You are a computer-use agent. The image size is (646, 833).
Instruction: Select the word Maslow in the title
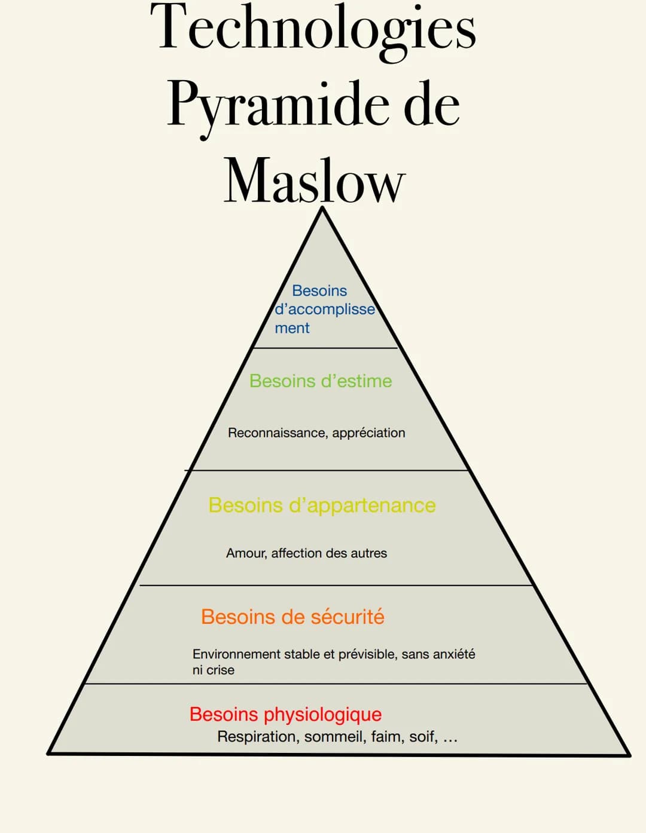314,180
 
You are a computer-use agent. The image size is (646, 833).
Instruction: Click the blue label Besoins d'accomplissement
323,309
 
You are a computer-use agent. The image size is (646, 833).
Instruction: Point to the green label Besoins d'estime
321,381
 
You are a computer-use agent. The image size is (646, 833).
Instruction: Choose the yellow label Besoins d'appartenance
322,505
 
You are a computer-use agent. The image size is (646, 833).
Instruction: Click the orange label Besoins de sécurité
292,617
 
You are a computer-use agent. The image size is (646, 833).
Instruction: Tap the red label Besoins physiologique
285,714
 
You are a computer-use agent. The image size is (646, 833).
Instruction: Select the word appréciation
368,433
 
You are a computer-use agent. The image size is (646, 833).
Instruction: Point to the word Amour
246,553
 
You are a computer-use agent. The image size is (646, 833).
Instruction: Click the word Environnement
236,654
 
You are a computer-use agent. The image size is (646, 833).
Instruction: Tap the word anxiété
453,654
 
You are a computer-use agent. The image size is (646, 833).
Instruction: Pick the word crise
220,670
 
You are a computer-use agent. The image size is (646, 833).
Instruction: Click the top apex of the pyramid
322,209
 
